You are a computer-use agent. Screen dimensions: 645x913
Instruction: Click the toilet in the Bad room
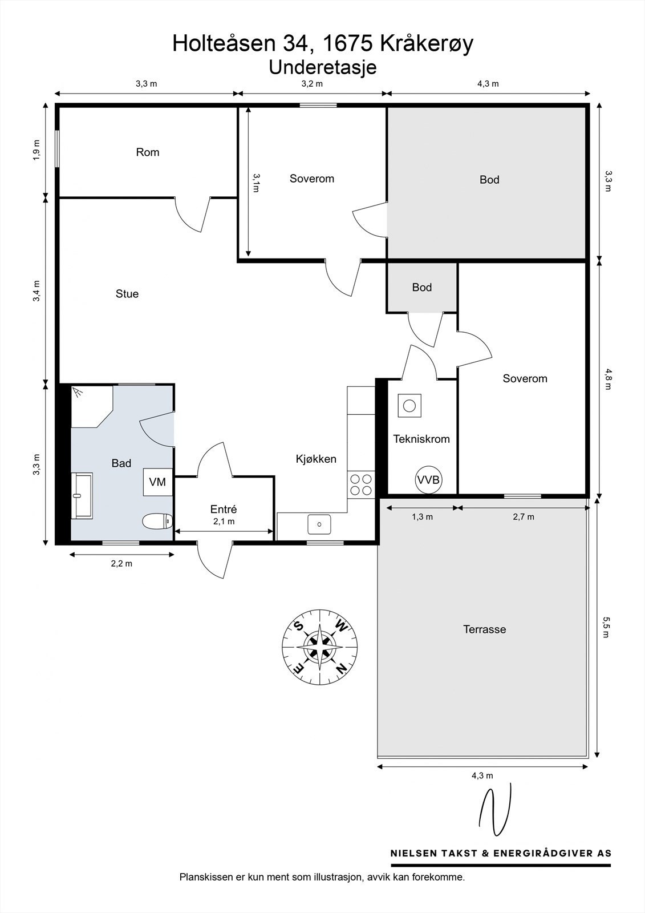coord(157,522)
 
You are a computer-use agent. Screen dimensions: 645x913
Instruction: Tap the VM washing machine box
coord(157,482)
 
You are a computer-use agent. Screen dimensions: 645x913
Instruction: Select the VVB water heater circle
coord(429,480)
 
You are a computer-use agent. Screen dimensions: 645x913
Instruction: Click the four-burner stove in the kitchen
coord(361,484)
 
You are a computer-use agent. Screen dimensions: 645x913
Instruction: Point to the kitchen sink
coord(319,524)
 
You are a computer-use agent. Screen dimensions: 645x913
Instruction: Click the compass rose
coord(321,647)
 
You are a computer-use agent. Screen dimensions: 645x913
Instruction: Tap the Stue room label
coord(127,293)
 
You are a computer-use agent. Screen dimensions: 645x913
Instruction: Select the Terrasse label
coord(485,629)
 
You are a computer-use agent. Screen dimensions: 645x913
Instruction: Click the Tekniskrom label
coord(421,439)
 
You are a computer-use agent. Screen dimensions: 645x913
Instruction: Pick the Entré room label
coord(224,508)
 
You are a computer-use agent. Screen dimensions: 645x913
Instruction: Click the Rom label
coord(148,152)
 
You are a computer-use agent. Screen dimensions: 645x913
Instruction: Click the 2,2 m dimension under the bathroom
coord(122,564)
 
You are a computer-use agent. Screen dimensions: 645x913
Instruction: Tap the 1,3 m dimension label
coord(422,517)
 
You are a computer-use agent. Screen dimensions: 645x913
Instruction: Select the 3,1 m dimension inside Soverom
coord(256,183)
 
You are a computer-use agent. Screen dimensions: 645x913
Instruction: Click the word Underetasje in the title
coord(323,67)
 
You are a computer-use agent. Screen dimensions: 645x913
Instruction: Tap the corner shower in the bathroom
coord(92,406)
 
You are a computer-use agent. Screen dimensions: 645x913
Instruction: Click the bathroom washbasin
coord(82,496)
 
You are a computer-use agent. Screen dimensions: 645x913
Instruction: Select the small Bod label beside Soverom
coord(421,288)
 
